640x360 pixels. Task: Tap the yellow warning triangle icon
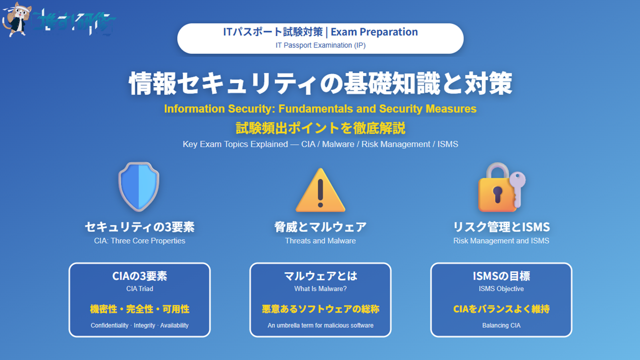pyautogui.click(x=320, y=190)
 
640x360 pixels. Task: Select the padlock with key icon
pyautogui.click(x=500, y=187)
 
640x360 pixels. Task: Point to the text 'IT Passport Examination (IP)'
pyautogui.click(x=320, y=45)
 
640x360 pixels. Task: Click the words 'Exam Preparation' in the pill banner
pyautogui.click(x=374, y=32)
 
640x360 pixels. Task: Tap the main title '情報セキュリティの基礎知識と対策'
pyautogui.click(x=320, y=83)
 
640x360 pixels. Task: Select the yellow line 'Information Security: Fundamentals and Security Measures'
pyautogui.click(x=320, y=108)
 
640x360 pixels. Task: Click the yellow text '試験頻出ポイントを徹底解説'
pyautogui.click(x=320, y=128)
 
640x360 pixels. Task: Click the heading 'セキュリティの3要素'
pyautogui.click(x=139, y=227)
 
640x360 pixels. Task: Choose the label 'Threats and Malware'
pyautogui.click(x=320, y=241)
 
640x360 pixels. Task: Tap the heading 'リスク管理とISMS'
pyautogui.click(x=501, y=227)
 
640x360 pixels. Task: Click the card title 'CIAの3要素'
pyautogui.click(x=139, y=276)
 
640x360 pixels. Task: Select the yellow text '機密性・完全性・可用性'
pyautogui.click(x=139, y=309)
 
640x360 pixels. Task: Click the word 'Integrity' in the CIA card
pyautogui.click(x=144, y=325)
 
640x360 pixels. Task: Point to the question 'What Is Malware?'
pyautogui.click(x=320, y=289)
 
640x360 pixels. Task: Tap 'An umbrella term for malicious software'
pyautogui.click(x=320, y=325)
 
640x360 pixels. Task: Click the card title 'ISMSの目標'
pyautogui.click(x=501, y=276)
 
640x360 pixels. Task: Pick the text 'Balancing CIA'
pyautogui.click(x=501, y=325)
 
